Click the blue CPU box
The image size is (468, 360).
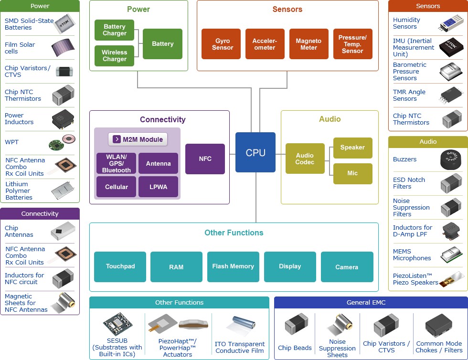click(x=255, y=152)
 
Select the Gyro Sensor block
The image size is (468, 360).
click(x=223, y=44)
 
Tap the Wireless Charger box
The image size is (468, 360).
click(x=115, y=56)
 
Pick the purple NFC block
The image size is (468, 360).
click(x=205, y=159)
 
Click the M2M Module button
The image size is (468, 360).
click(x=138, y=139)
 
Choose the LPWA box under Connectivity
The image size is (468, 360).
click(x=158, y=187)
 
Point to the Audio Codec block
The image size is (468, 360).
click(x=305, y=159)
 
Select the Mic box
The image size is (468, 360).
click(x=352, y=173)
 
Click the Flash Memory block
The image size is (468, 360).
click(x=233, y=266)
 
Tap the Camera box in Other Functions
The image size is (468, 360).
click(x=347, y=267)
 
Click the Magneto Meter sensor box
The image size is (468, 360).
click(x=308, y=44)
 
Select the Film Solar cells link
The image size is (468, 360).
click(x=20, y=48)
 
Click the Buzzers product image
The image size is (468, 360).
click(x=450, y=159)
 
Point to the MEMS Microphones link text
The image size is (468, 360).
click(x=412, y=254)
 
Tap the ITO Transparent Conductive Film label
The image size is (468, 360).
click(x=240, y=347)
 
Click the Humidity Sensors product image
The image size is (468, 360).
click(x=450, y=23)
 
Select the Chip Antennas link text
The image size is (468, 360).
click(x=19, y=231)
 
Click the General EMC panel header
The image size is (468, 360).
click(x=371, y=302)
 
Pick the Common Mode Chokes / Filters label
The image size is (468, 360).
click(x=439, y=347)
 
